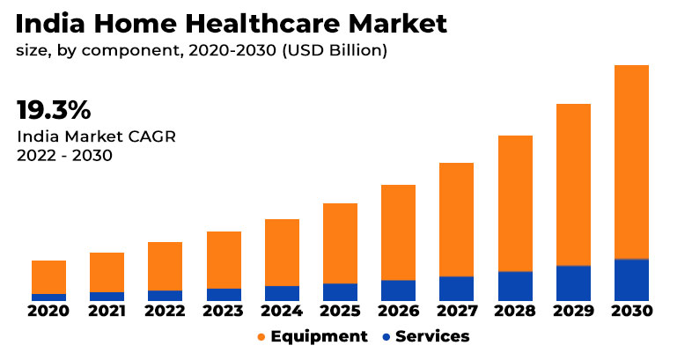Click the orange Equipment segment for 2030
coord(631,162)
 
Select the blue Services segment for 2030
coord(631,280)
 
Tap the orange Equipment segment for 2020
coord(48,277)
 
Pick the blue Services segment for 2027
coord(456,289)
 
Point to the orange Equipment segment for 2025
coord(340,243)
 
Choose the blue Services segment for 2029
coord(573,283)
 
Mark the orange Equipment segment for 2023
coord(224,260)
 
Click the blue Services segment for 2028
coord(515,286)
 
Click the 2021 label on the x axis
coord(107,311)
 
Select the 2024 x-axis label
coord(282,311)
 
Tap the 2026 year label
coord(398,311)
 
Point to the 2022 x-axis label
coord(165,311)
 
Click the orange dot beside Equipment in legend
coord(261,337)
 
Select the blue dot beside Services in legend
coord(386,337)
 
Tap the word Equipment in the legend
coord(319,336)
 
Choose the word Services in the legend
coord(432,336)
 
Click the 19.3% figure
coord(54,111)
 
